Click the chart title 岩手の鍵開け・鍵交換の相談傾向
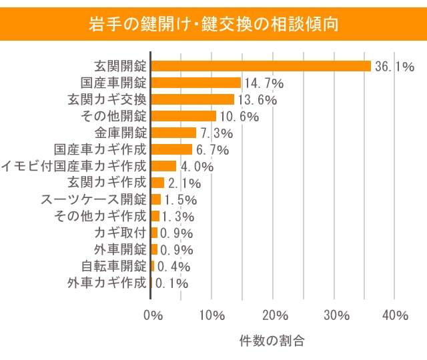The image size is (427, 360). tap(213, 25)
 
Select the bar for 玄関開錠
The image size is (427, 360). tap(261, 66)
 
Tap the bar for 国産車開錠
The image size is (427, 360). tap(195, 83)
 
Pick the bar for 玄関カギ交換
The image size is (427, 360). tap(192, 99)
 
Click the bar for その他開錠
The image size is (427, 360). tap(183, 116)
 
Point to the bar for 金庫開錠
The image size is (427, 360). tap(173, 133)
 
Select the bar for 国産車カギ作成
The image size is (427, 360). tap(171, 149)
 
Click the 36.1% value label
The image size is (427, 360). tap(395, 67)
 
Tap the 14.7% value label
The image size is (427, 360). tap(264, 83)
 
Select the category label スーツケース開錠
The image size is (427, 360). tap(93, 199)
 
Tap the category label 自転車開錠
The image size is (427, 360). tap(113, 266)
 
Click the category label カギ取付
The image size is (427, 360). tap(120, 233)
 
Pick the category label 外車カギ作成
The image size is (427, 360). tap(107, 283)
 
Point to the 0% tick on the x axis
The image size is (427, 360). tap(153, 315)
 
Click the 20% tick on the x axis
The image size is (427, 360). tap(274, 315)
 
